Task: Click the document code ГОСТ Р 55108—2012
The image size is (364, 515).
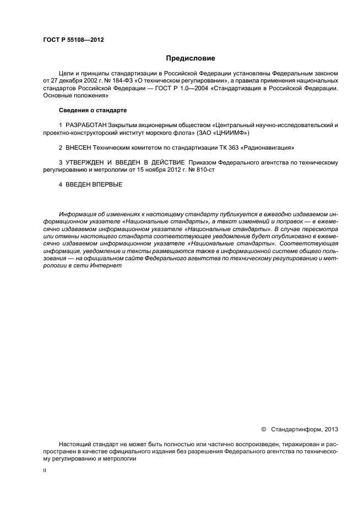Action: tap(73, 41)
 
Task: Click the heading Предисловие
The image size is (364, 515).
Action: tap(191, 58)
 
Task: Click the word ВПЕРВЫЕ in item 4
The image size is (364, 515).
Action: tap(105, 185)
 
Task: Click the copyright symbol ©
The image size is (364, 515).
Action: tap(263, 429)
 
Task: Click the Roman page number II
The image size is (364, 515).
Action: tap(45, 471)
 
